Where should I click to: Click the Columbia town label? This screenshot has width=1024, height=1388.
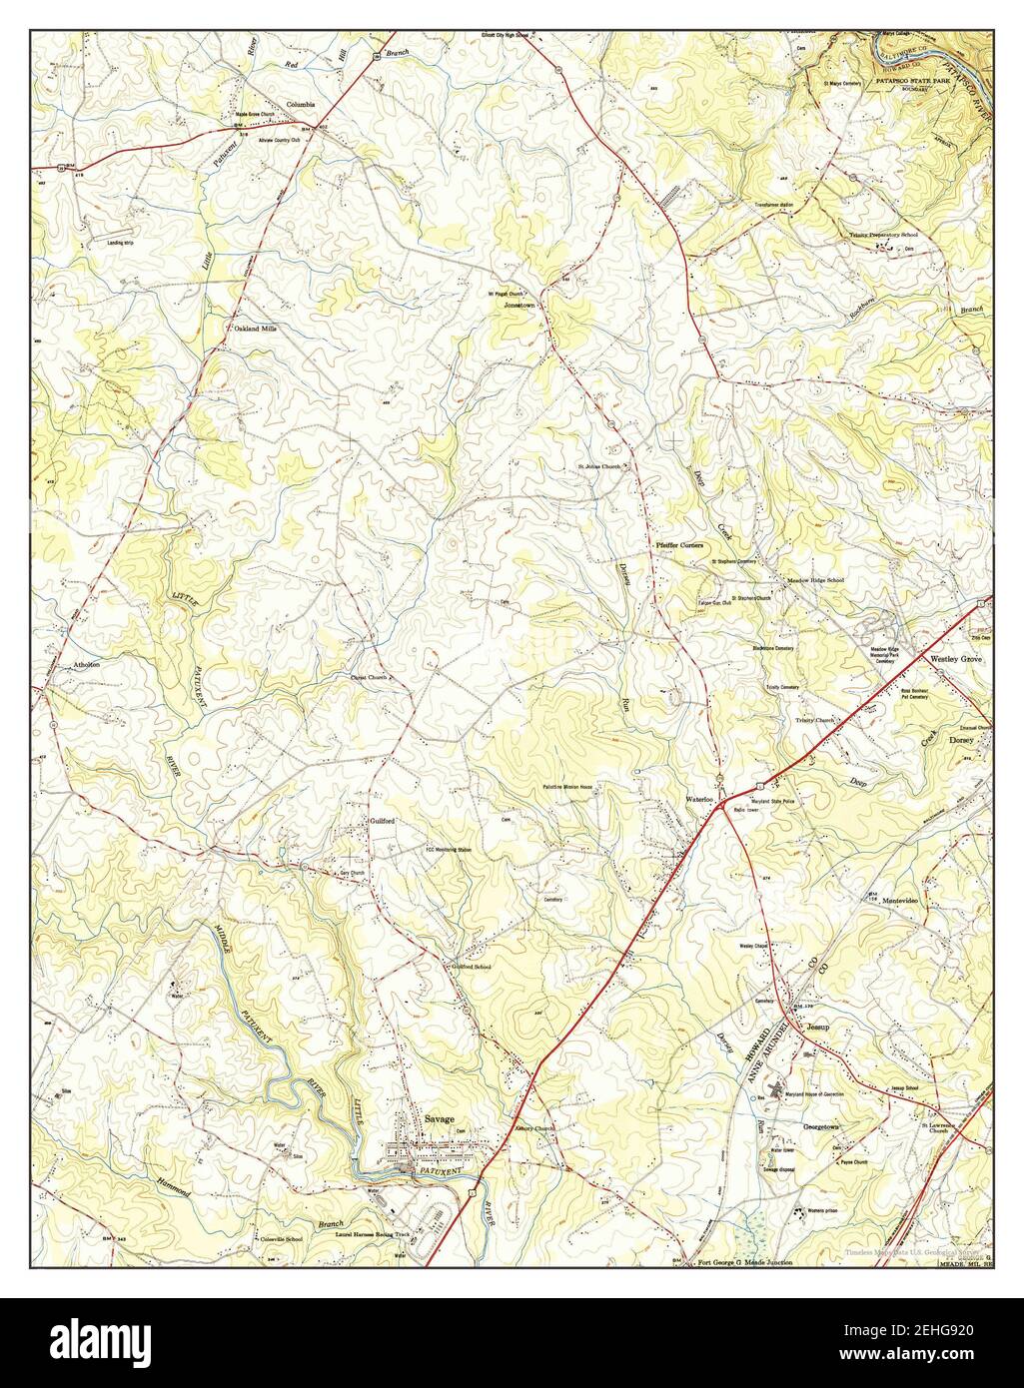tap(300, 104)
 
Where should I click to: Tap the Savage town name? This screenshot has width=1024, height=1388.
tap(439, 1119)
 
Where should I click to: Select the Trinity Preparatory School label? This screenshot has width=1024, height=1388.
tap(883, 235)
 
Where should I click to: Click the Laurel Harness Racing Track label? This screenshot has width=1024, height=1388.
tap(372, 1234)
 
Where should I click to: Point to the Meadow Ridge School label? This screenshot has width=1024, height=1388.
tap(815, 580)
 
